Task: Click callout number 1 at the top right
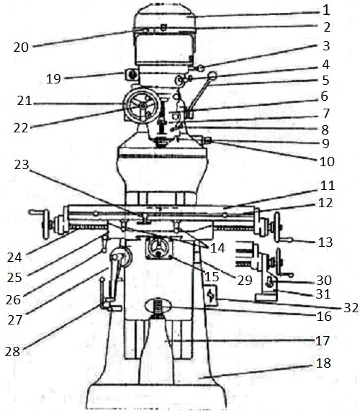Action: click(x=326, y=10)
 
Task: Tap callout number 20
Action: click(x=21, y=47)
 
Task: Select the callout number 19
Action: click(x=53, y=78)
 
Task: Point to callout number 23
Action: click(x=22, y=165)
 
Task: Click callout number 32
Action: click(x=351, y=308)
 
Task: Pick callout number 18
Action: click(x=323, y=363)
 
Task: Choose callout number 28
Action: click(x=12, y=352)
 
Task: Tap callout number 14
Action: click(x=217, y=248)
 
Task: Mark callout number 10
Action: click(x=327, y=161)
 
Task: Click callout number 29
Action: click(x=245, y=281)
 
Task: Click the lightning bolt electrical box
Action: click(x=211, y=295)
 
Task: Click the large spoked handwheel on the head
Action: click(x=143, y=106)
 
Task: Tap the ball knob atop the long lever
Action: click(x=212, y=76)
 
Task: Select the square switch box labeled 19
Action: click(x=131, y=74)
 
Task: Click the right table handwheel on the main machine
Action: click(x=277, y=227)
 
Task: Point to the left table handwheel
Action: click(x=46, y=224)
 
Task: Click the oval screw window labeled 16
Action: click(x=158, y=306)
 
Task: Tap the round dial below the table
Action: click(x=158, y=248)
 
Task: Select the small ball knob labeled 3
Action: click(x=201, y=68)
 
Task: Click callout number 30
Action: click(x=323, y=281)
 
